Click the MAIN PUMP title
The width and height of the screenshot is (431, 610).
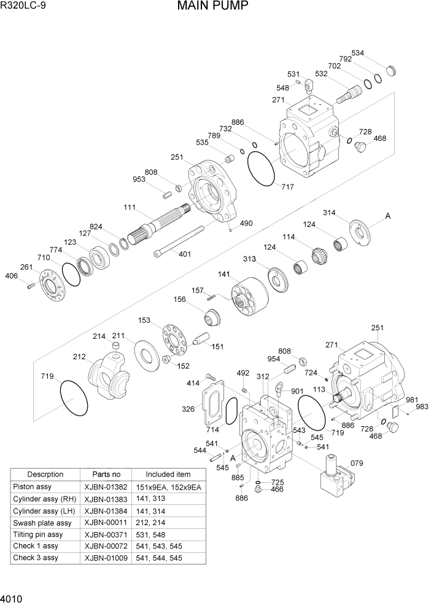click(x=213, y=7)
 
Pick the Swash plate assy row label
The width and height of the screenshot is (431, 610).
click(x=42, y=523)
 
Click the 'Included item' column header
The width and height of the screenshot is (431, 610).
click(x=168, y=475)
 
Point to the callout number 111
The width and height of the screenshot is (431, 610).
click(x=130, y=208)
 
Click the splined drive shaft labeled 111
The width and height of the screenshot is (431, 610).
click(x=163, y=223)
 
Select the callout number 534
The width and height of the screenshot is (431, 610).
click(x=358, y=53)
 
